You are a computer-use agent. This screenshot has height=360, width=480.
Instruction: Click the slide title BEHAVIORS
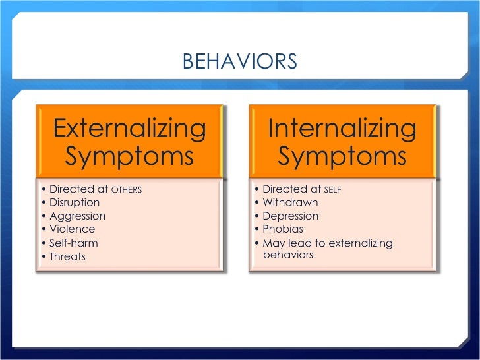point(239,62)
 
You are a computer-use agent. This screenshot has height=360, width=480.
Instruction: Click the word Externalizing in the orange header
point(129,128)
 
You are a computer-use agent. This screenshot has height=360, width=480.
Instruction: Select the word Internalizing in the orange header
point(342,128)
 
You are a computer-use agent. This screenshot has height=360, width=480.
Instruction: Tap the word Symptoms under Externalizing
point(129,156)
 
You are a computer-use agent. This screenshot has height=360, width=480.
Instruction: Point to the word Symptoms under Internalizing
point(342,156)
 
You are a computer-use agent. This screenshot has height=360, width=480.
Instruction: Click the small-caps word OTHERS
point(127,190)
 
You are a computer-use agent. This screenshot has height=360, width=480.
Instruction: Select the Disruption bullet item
point(75,202)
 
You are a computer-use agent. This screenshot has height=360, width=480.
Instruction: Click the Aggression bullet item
point(77,216)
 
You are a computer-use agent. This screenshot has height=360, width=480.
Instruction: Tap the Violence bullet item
point(72,229)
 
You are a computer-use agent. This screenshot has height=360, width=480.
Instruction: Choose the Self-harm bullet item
point(74,243)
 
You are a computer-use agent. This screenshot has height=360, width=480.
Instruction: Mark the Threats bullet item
point(67,256)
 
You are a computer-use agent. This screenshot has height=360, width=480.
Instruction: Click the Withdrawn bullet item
point(290,202)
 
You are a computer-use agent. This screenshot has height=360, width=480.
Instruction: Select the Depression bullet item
point(290,216)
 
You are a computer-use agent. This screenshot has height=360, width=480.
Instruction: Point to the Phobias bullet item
point(283,229)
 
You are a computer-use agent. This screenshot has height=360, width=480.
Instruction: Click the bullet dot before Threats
point(44,256)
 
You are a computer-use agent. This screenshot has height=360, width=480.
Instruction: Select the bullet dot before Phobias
point(256,229)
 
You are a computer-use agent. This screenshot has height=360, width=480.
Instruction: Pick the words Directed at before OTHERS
point(78,189)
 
